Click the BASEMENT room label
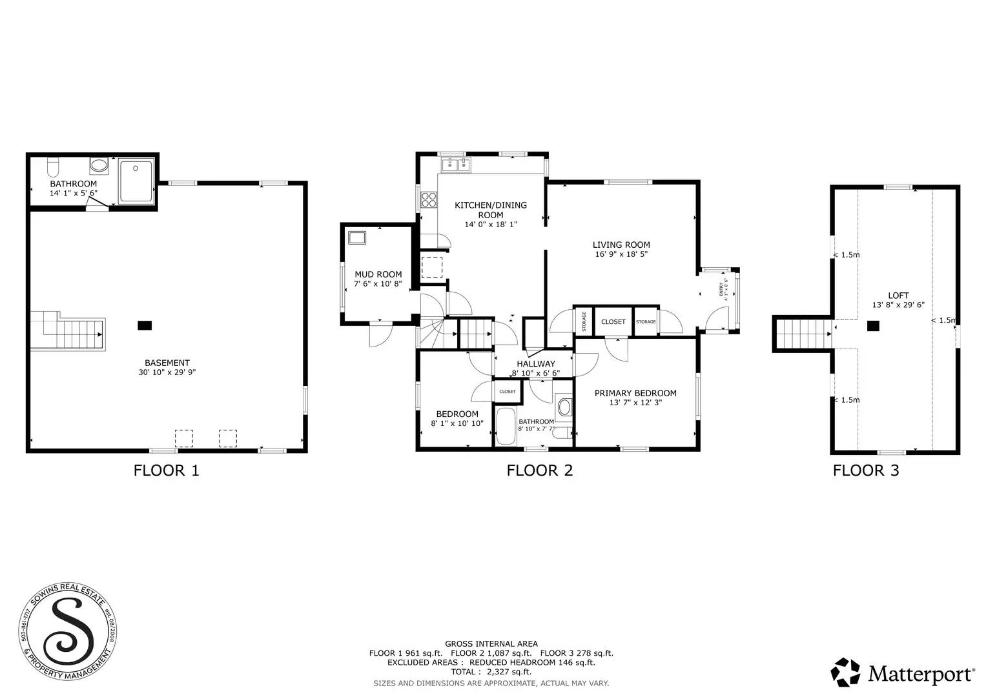(x=167, y=363)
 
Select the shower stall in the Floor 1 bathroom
(x=136, y=181)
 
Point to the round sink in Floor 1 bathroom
(x=99, y=165)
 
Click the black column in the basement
(x=145, y=325)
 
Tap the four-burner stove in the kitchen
(x=429, y=200)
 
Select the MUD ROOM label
(x=378, y=274)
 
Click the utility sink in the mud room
(x=356, y=237)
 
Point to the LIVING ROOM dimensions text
(x=621, y=254)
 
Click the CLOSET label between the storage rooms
(x=613, y=321)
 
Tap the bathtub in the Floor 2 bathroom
(x=505, y=426)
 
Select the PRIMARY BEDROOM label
(x=635, y=393)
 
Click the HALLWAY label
(x=535, y=364)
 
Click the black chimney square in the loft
(x=872, y=327)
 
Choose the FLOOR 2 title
(x=539, y=470)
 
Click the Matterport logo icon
(x=845, y=672)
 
